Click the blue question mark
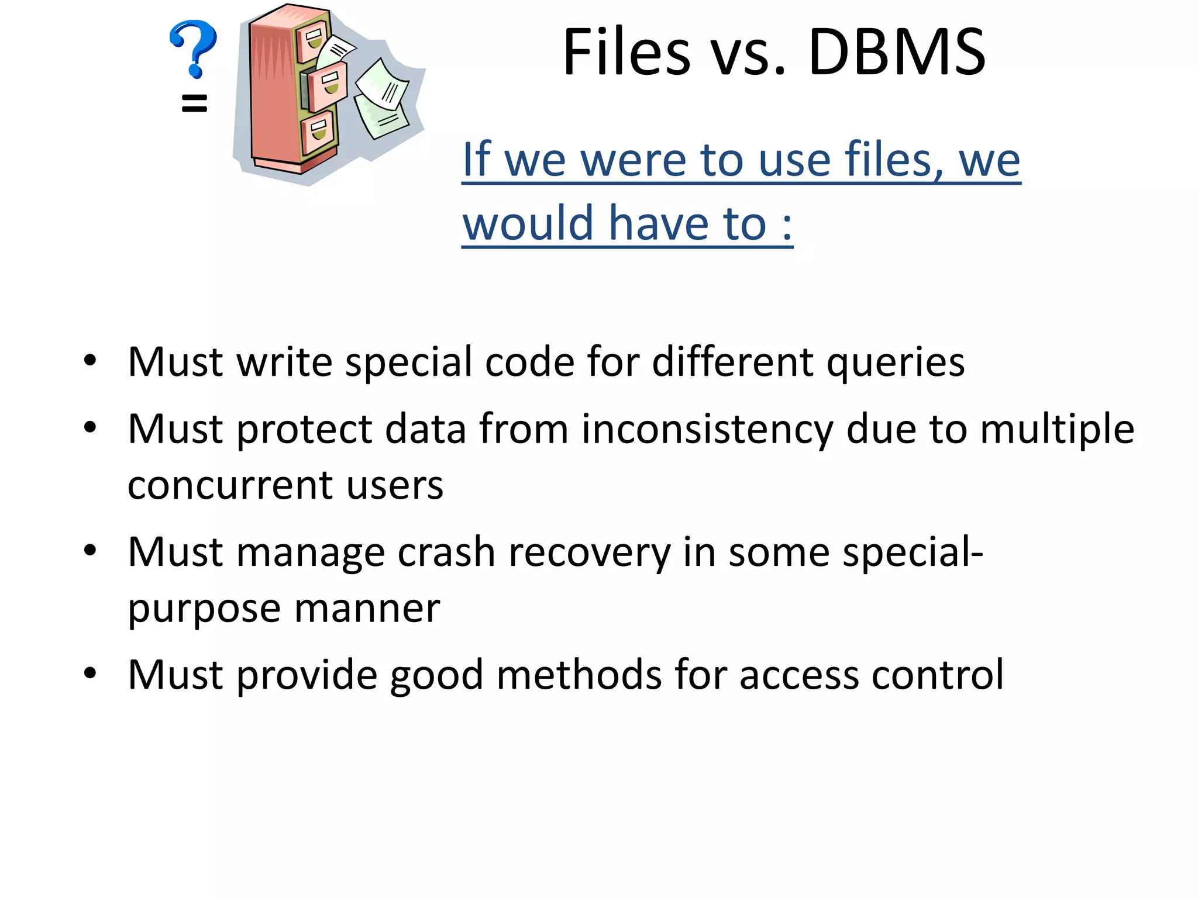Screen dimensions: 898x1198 click(193, 48)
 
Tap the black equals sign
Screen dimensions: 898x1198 click(194, 103)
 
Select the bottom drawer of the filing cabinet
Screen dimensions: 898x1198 click(318, 130)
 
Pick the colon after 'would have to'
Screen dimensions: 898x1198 click(787, 225)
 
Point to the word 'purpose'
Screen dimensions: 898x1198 click(205, 610)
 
